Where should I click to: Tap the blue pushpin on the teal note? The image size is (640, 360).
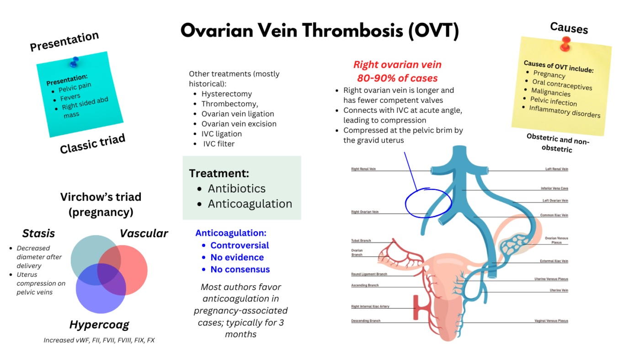74,62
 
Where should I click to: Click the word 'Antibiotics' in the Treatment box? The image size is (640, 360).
236,188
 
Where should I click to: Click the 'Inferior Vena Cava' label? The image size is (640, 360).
554,188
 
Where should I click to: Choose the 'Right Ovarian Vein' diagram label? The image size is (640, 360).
364,212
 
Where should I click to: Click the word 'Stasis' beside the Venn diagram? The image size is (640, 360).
38,233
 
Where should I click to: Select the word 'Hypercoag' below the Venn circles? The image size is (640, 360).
99,325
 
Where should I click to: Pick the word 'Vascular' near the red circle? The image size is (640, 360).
144,233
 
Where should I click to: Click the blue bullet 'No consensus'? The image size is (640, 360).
240,270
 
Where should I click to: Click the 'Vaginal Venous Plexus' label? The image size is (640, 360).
551,321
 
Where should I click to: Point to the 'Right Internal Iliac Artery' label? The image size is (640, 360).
370,307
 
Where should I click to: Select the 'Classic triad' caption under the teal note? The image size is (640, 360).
92,144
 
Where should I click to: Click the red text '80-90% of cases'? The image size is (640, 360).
397,78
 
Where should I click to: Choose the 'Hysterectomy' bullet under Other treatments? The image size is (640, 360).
226,94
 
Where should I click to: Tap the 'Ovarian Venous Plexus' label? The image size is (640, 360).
556,240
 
